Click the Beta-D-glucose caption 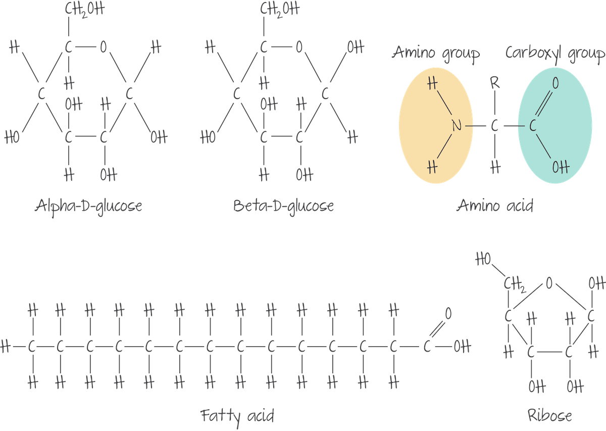coord(283,207)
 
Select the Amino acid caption coord(495,207)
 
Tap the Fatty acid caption coord(237,416)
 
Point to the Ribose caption coord(549,416)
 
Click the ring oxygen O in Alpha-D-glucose coord(103,48)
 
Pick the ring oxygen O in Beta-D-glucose coord(298,48)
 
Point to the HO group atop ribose coord(484,261)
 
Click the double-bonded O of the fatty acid coord(447,314)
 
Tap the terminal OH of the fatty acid coord(462,347)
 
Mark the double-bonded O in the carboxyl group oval coord(555,83)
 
